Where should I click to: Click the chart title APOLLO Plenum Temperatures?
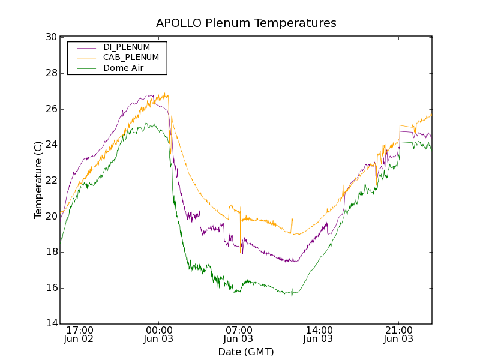[x=246, y=23]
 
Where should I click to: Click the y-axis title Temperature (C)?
[x=38, y=180]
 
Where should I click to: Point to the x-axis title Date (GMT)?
[x=246, y=352]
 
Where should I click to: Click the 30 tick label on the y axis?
[x=51, y=37]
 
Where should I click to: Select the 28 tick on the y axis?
[x=51, y=73]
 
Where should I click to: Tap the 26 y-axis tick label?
[x=51, y=109]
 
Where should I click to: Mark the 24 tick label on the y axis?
[x=51, y=145]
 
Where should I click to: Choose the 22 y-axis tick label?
[x=51, y=181]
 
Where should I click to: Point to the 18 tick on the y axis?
[x=51, y=252]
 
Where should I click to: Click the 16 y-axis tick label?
[x=51, y=288]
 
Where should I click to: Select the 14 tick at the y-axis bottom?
[x=51, y=324]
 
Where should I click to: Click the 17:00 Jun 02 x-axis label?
[x=80, y=334]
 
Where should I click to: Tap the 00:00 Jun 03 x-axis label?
[x=160, y=334]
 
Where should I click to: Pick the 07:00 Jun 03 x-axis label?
[x=239, y=334]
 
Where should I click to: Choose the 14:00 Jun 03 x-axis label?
[x=319, y=334]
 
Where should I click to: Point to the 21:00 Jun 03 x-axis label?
[x=399, y=334]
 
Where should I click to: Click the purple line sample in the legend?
[x=85, y=47]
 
